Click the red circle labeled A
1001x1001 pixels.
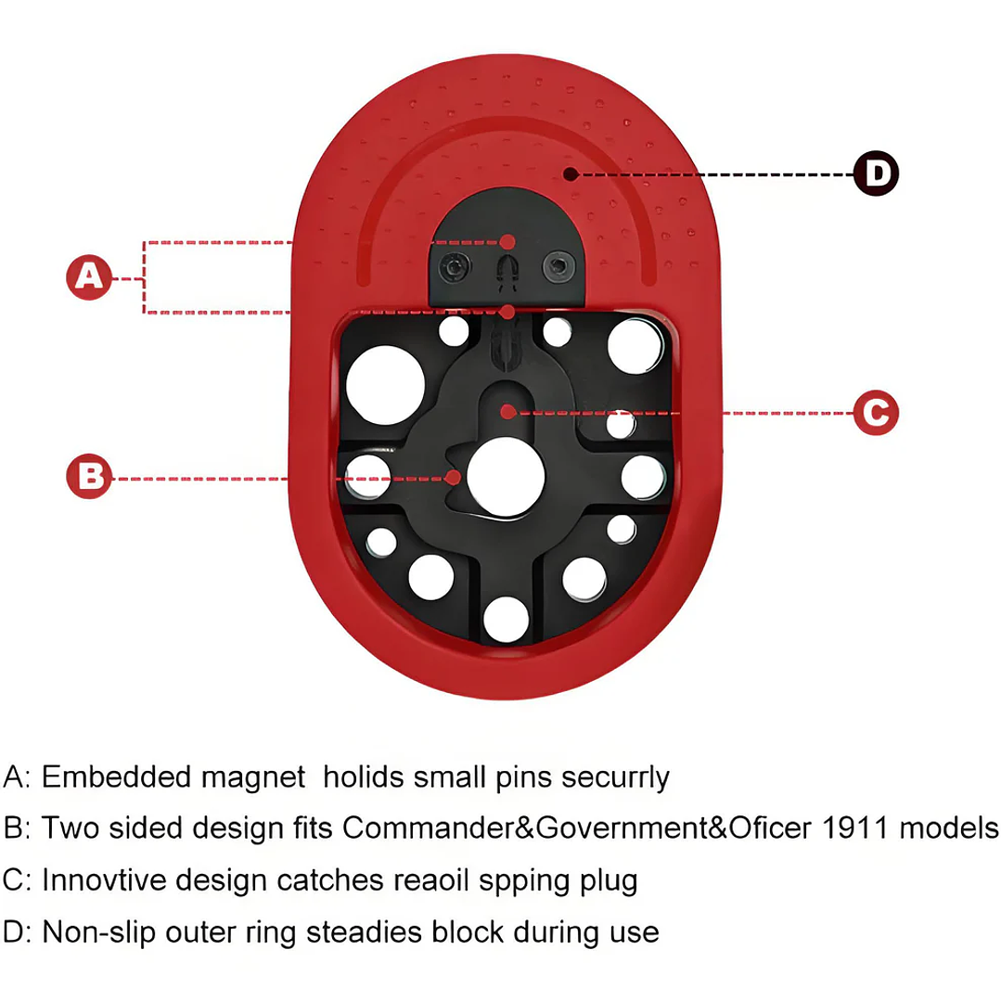89,277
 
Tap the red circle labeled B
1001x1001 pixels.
89,476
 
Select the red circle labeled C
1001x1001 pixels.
876,413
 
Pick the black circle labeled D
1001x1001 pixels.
876,173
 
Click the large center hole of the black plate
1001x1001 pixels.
506,477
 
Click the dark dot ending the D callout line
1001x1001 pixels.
571,173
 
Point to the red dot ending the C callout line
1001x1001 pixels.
507,412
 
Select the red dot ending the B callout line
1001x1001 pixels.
454,478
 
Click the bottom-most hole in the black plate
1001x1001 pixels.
507,619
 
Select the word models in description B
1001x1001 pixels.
949,828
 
